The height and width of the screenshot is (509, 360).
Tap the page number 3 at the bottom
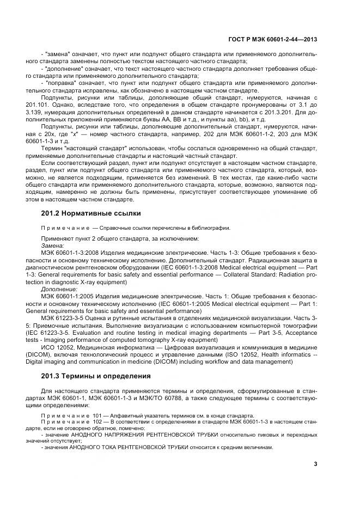coord(316,464)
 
